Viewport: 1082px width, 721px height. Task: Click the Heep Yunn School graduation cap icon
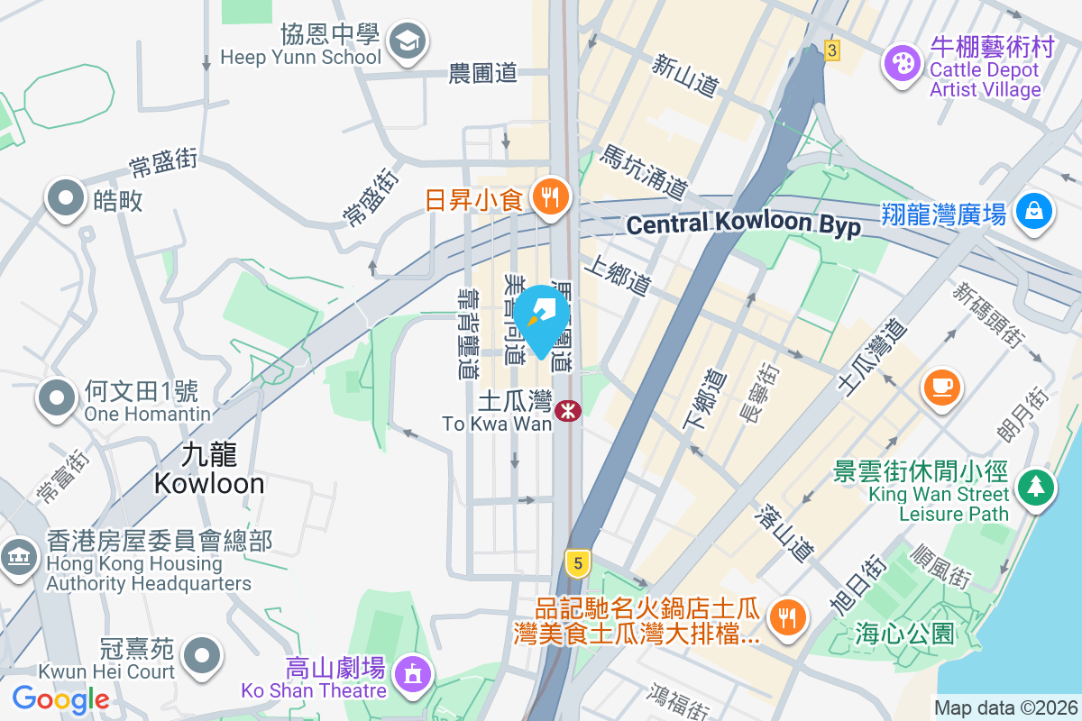pos(408,41)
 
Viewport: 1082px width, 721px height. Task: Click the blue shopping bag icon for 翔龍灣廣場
pos(1033,211)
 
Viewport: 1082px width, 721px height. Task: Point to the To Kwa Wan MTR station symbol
pos(568,411)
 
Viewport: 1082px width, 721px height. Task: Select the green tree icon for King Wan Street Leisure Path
pos(1036,488)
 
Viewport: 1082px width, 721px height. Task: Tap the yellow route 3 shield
pos(831,50)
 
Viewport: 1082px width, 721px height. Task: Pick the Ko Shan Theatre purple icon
pos(413,672)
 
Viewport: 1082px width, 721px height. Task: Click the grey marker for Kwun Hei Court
pos(201,653)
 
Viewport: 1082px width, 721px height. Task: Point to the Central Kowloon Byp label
pos(743,224)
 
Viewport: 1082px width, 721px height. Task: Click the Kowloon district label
pos(209,470)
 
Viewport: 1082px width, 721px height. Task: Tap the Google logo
pos(61,698)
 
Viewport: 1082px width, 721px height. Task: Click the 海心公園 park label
pos(903,633)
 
